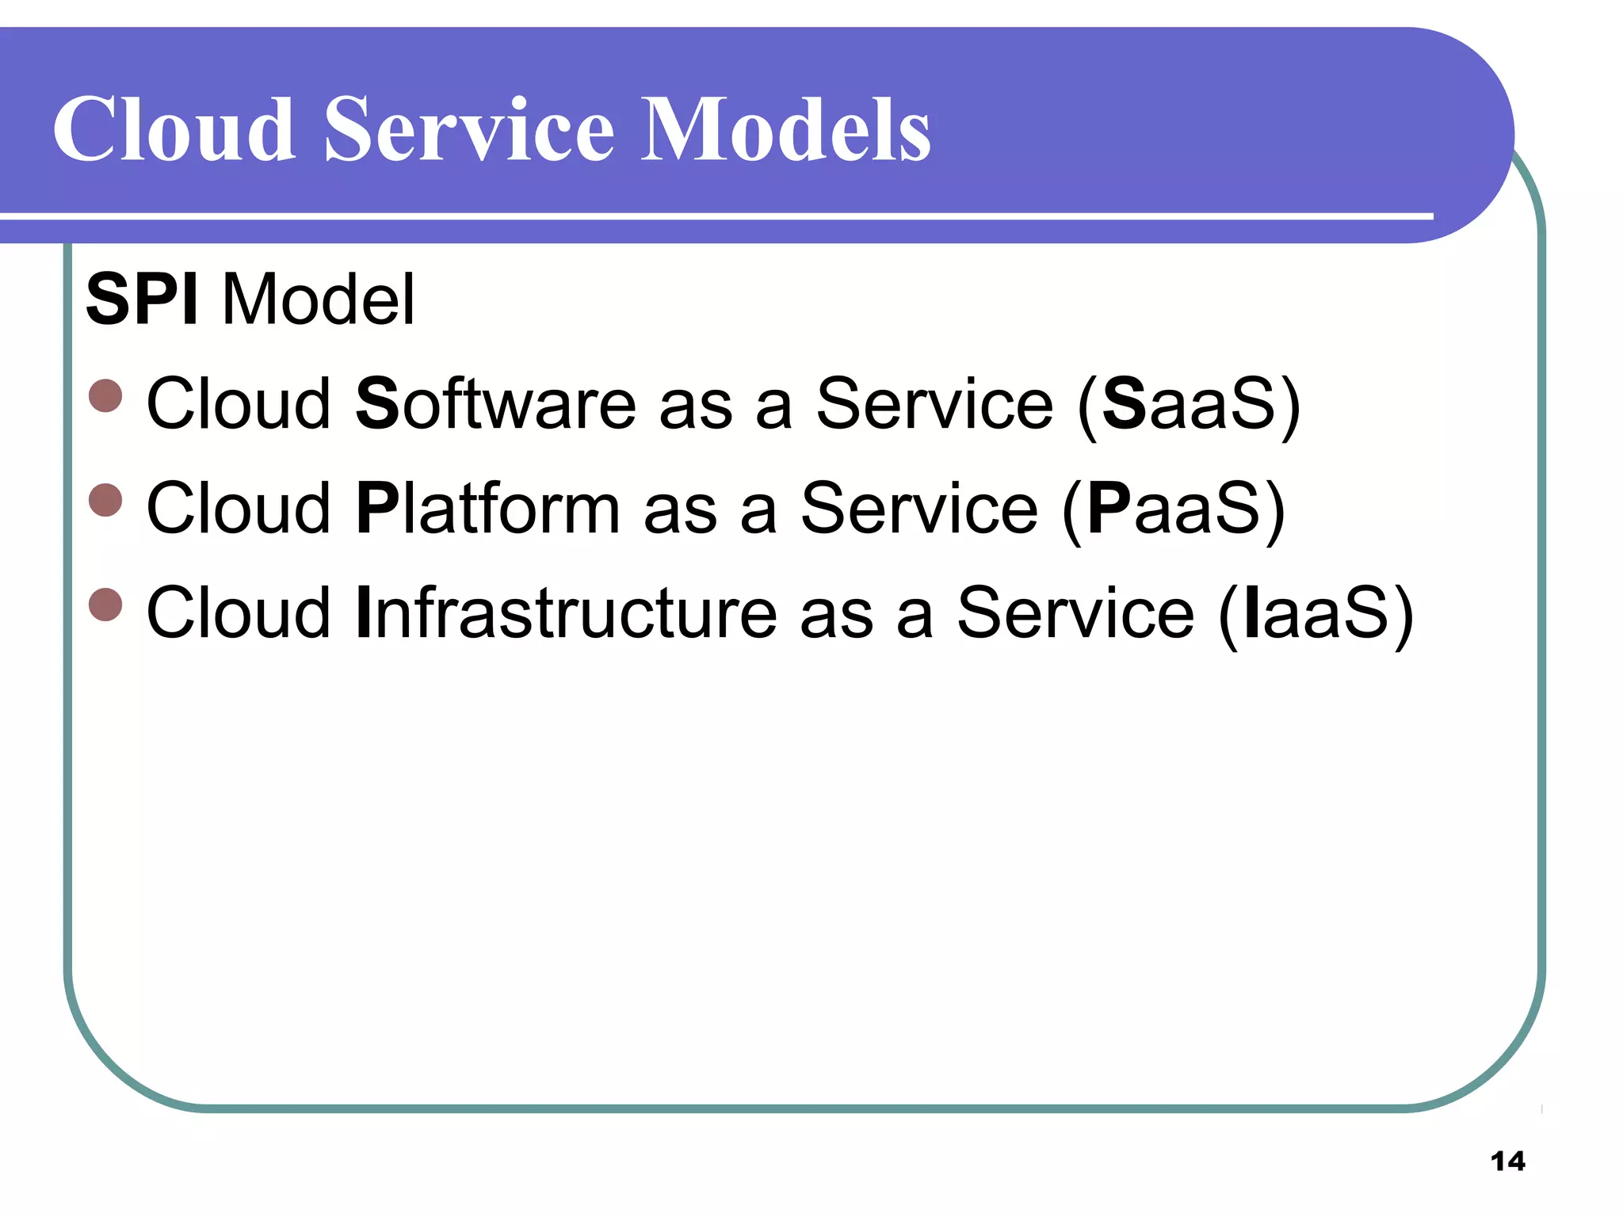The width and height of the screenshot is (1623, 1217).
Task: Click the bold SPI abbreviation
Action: pyautogui.click(x=142, y=299)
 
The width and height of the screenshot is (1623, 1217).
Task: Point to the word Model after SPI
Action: pyautogui.click(x=319, y=299)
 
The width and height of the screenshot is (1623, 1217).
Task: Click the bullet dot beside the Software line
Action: pyautogui.click(x=105, y=395)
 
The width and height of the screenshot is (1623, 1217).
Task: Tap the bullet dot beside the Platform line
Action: pyautogui.click(x=105, y=500)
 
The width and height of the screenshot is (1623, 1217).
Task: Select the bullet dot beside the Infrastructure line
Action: pyautogui.click(x=105, y=605)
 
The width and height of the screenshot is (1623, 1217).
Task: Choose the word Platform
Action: pyautogui.click(x=487, y=509)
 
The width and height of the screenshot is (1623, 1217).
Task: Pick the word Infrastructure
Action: pyautogui.click(x=567, y=613)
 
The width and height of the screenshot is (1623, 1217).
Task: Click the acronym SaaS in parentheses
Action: pyautogui.click(x=1189, y=404)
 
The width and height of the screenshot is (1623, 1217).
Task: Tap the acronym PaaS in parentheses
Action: pyautogui.click(x=1174, y=509)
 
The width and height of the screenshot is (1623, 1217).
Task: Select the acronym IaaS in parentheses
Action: pyautogui.click(x=1316, y=613)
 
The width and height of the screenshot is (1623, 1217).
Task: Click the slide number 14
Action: pyautogui.click(x=1507, y=1162)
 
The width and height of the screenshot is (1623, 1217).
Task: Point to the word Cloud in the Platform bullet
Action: pyautogui.click(x=239, y=509)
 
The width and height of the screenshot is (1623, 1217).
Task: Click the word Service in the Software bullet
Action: pyautogui.click(x=935, y=404)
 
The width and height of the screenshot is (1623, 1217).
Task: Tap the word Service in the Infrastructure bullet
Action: pyautogui.click(x=1075, y=613)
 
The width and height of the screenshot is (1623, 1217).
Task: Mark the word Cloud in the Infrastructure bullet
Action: pyautogui.click(x=239, y=613)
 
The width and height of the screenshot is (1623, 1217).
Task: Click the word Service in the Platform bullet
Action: pyautogui.click(x=919, y=509)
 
